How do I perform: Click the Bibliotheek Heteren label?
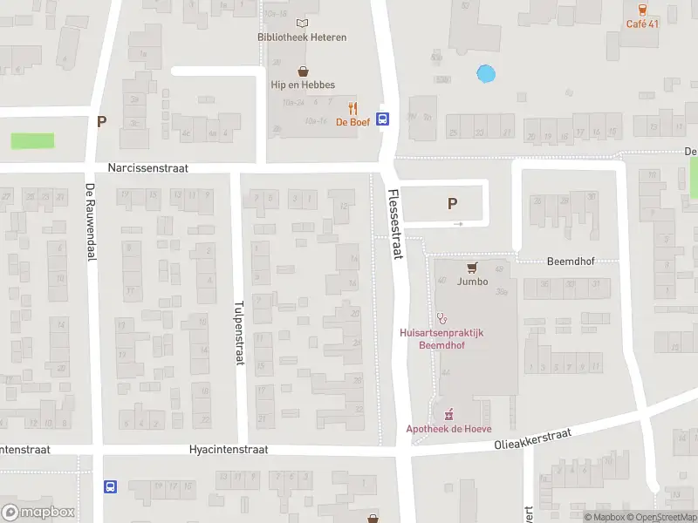302,37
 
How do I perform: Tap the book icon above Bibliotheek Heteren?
302,24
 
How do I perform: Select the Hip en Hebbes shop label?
302,85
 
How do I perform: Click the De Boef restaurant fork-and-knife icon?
353,108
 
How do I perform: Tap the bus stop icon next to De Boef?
382,120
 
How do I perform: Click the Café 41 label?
642,24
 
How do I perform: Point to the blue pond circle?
485,74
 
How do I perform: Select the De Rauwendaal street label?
91,221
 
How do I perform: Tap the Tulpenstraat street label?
239,335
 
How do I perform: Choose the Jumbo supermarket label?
472,282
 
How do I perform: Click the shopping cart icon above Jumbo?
472,268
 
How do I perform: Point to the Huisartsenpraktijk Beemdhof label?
441,338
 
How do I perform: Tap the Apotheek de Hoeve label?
448,428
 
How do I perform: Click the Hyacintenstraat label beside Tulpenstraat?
228,450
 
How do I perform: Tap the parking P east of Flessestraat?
452,204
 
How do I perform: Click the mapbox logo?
38,513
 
